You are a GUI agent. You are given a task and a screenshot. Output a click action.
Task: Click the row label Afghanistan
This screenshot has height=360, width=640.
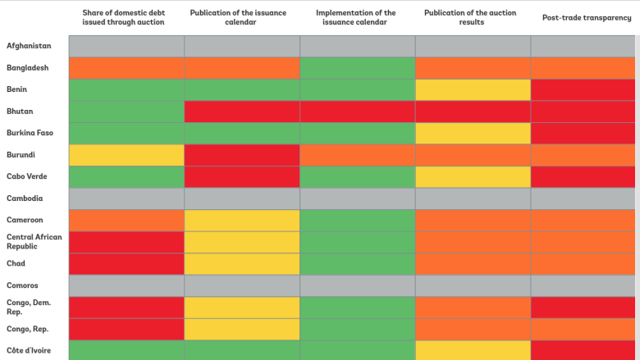click(29, 46)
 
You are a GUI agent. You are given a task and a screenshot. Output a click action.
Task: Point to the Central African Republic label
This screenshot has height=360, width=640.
click(34, 241)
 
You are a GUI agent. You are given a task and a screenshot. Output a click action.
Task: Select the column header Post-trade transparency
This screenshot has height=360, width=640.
click(587, 17)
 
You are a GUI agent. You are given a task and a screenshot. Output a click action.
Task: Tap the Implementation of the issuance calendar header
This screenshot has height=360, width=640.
click(355, 17)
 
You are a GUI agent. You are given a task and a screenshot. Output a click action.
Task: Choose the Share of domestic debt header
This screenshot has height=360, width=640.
click(123, 17)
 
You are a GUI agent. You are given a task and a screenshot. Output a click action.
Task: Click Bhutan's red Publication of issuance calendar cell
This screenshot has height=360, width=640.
click(243, 111)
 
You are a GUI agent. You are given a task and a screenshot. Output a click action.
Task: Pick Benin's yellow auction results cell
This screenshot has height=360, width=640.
click(473, 89)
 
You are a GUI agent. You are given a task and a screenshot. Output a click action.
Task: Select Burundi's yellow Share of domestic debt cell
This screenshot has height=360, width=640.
click(126, 154)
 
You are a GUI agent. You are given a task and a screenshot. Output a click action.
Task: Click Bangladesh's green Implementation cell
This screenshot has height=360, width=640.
click(357, 67)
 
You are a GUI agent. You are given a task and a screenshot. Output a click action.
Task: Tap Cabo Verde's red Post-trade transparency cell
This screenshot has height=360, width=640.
click(583, 176)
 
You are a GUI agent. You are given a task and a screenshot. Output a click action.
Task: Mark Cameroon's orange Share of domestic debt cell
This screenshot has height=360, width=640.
click(126, 220)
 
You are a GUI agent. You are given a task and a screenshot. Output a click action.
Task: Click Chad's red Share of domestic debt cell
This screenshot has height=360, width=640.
click(126, 263)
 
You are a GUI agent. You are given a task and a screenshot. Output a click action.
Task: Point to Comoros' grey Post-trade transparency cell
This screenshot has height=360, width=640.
click(583, 285)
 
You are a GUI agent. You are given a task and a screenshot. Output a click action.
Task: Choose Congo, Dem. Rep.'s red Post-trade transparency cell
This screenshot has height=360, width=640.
click(583, 307)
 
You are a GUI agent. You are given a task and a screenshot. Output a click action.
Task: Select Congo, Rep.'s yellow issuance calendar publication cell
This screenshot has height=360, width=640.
click(243, 329)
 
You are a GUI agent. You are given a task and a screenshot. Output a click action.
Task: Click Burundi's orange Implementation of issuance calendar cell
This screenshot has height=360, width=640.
click(357, 154)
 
